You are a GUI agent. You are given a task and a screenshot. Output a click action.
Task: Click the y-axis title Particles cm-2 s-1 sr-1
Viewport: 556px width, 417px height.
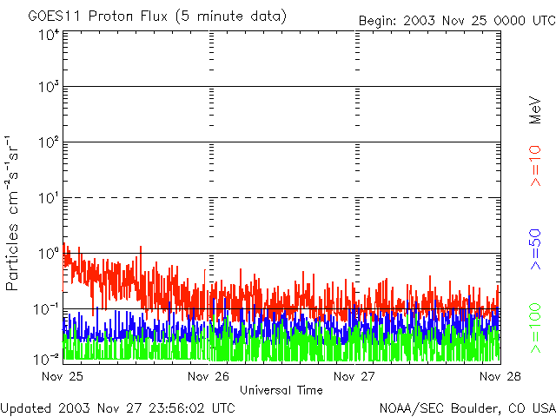pyautogui.click(x=15, y=212)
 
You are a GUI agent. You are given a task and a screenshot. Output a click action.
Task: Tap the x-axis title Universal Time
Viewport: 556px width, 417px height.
pyautogui.click(x=281, y=390)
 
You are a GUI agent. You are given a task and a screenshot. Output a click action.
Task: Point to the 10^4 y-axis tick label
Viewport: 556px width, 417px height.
pyautogui.click(x=49, y=35)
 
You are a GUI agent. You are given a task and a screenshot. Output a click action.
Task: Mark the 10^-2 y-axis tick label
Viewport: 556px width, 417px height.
pyautogui.click(x=48, y=359)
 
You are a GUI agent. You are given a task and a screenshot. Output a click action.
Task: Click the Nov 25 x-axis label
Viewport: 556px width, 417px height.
pyautogui.click(x=61, y=377)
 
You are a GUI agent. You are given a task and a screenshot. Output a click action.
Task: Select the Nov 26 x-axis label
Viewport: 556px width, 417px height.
pyautogui.click(x=208, y=377)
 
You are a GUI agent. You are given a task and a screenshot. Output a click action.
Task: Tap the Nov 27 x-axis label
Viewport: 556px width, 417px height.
pyautogui.click(x=354, y=377)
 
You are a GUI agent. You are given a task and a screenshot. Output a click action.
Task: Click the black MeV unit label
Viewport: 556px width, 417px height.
pyautogui.click(x=536, y=110)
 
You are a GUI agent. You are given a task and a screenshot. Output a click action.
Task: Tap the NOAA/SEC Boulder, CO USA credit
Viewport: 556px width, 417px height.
pyautogui.click(x=467, y=407)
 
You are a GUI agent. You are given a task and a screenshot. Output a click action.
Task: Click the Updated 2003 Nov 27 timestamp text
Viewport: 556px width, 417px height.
pyautogui.click(x=118, y=407)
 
